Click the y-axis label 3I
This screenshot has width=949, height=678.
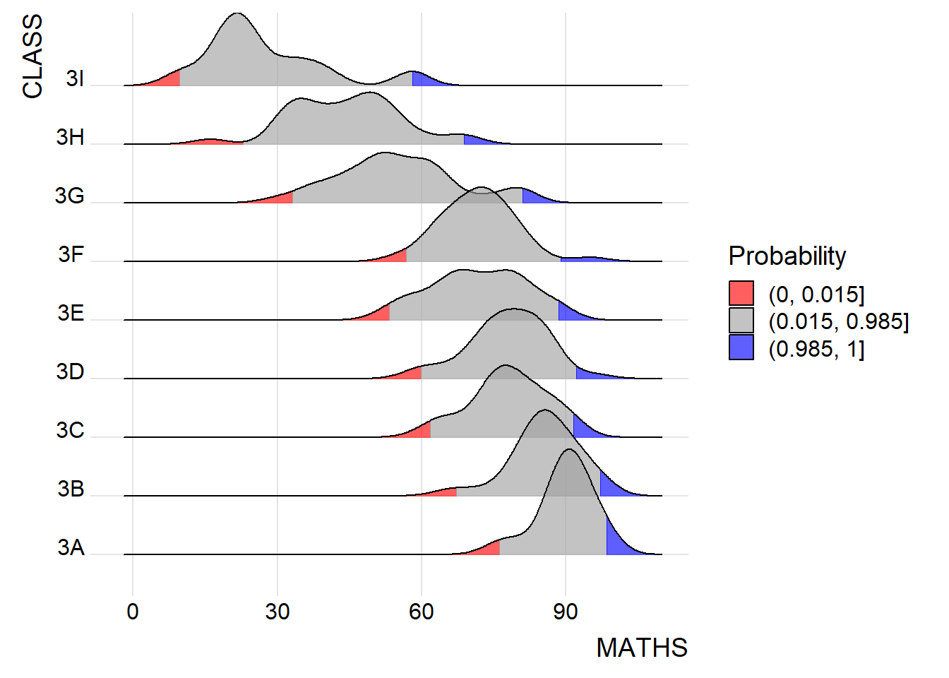[75, 78]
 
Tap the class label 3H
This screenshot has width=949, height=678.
[71, 137]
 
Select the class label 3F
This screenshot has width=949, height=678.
[71, 254]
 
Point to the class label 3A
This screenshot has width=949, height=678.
[71, 547]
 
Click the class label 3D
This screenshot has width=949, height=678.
[71, 371]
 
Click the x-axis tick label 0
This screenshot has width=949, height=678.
[133, 612]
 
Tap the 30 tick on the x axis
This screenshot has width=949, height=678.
[277, 612]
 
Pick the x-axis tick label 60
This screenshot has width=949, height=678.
[422, 612]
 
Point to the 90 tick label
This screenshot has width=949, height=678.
[566, 612]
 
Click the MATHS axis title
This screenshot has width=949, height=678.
[641, 648]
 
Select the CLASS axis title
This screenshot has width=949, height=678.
[32, 56]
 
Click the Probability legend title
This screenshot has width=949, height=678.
[787, 256]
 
